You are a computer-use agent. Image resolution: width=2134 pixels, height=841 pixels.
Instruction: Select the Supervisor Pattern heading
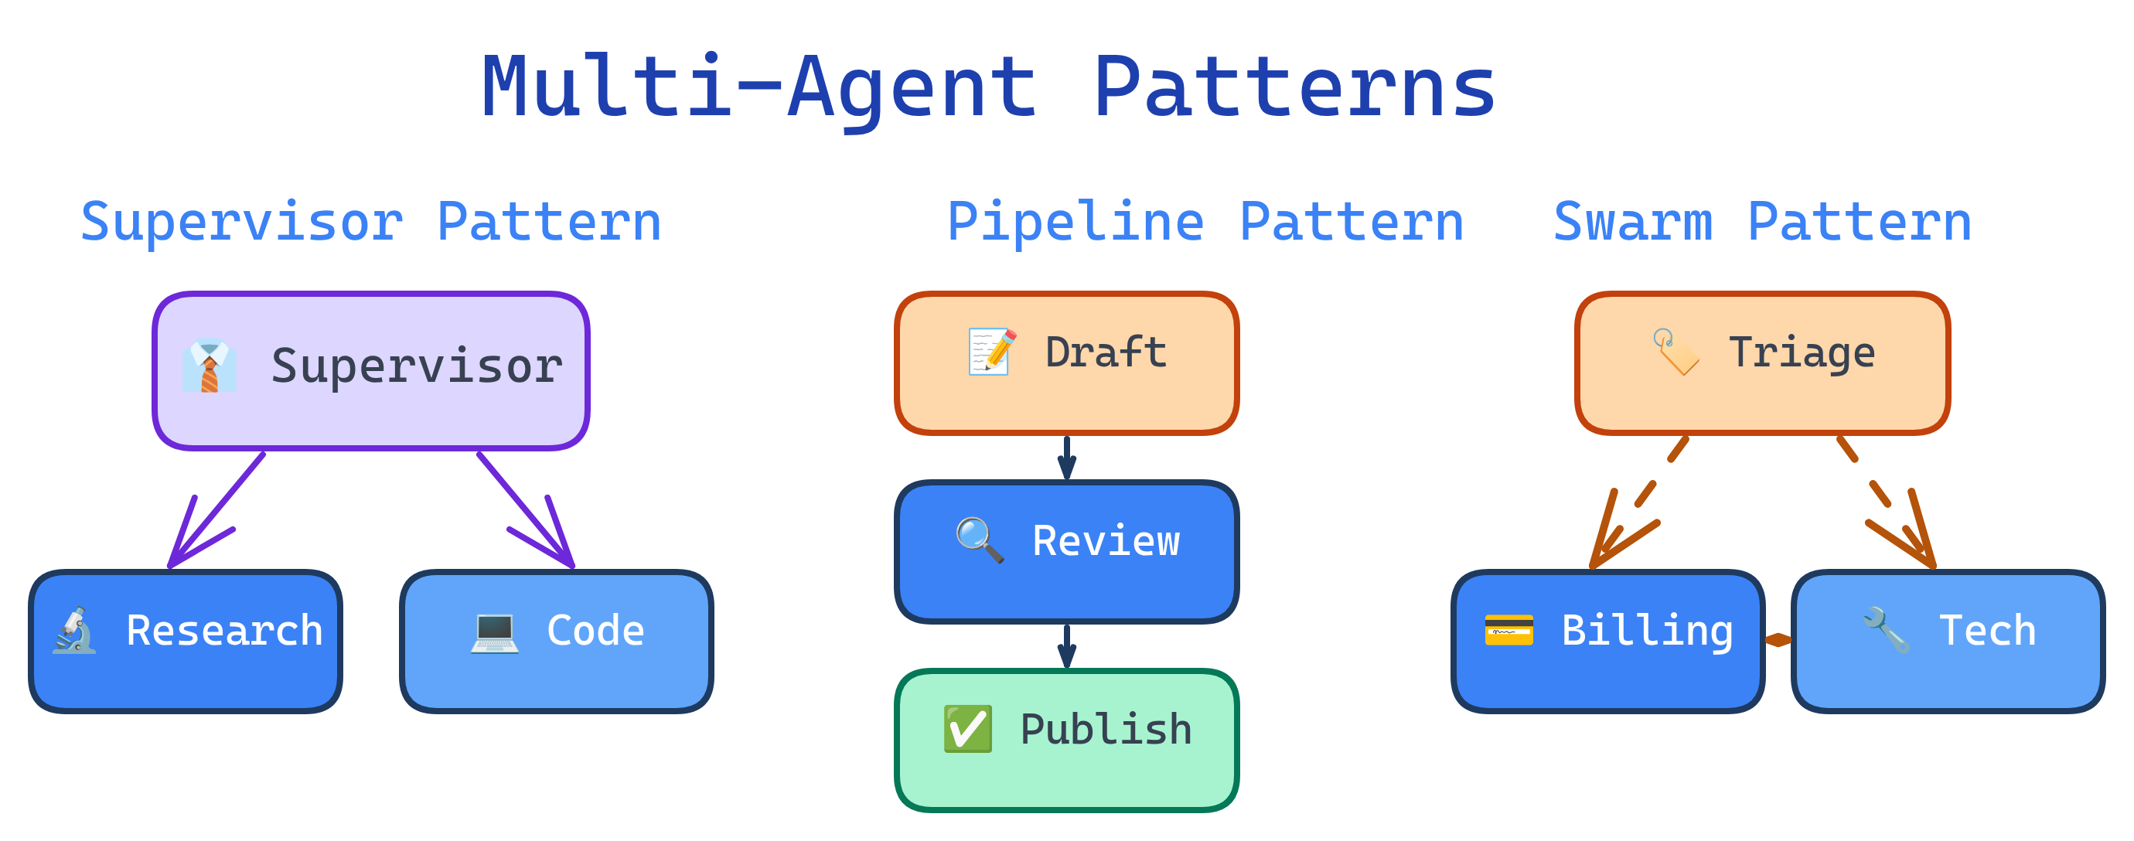coord(370,222)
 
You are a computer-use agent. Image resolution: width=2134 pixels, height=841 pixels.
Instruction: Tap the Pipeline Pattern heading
coord(1205,222)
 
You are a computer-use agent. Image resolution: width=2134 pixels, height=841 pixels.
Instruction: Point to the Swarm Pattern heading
coord(1761,222)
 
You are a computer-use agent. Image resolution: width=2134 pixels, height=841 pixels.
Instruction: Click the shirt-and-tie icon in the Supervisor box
coord(209,366)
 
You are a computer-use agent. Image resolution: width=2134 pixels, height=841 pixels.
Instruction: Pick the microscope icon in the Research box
coord(74,631)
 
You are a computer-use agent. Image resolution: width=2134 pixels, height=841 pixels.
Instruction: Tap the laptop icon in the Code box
coord(495,632)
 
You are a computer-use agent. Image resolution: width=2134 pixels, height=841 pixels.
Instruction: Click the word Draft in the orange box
coord(1105,352)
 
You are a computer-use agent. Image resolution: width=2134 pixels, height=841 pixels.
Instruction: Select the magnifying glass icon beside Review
coord(979,540)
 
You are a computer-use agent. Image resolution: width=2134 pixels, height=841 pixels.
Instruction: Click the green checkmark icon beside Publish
coord(967,728)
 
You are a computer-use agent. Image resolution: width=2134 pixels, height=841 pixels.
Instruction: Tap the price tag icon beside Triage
coord(1675,352)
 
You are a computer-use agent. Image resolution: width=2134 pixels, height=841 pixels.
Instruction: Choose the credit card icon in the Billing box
coord(1508,631)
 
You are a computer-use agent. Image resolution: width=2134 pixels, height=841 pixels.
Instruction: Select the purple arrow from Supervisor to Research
coord(217,509)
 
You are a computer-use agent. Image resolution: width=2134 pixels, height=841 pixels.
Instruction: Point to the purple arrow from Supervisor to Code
coord(525,509)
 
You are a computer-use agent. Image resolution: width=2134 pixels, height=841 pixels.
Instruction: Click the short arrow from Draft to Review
coord(1067,458)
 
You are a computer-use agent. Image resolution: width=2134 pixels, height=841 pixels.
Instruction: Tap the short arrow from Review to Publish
coord(1067,646)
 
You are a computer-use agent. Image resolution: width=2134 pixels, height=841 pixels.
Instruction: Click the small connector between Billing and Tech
coord(1778,640)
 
